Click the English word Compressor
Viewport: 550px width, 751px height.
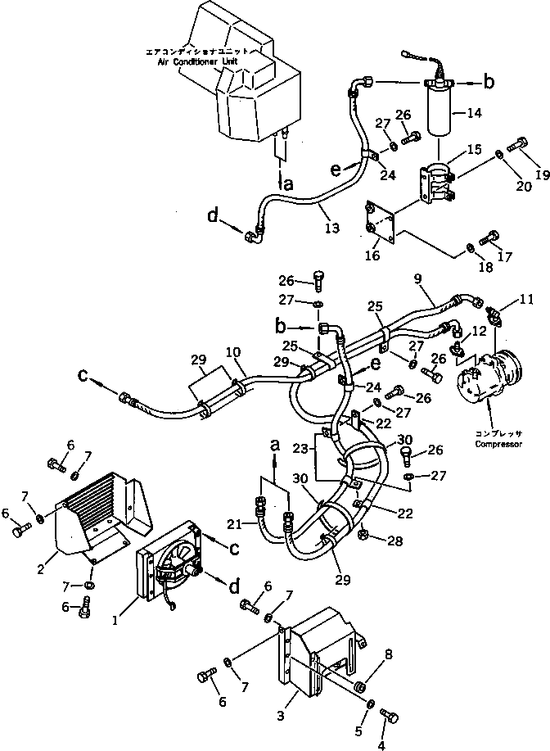point(498,445)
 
